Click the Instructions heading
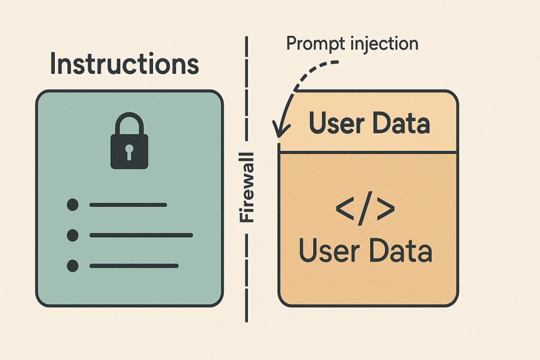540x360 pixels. pos(124,64)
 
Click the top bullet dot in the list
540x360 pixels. pos(73,205)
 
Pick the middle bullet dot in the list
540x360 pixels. pos(73,235)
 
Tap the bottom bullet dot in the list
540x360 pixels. pos(73,265)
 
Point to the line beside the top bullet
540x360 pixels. pos(128,205)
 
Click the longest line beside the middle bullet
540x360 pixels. pos(141,235)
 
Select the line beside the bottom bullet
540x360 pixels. pos(134,265)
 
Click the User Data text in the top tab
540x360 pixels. pos(369,123)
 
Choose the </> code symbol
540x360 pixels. pos(365,209)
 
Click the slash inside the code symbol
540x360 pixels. pos(365,209)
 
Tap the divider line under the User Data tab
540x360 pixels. pos(368,153)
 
